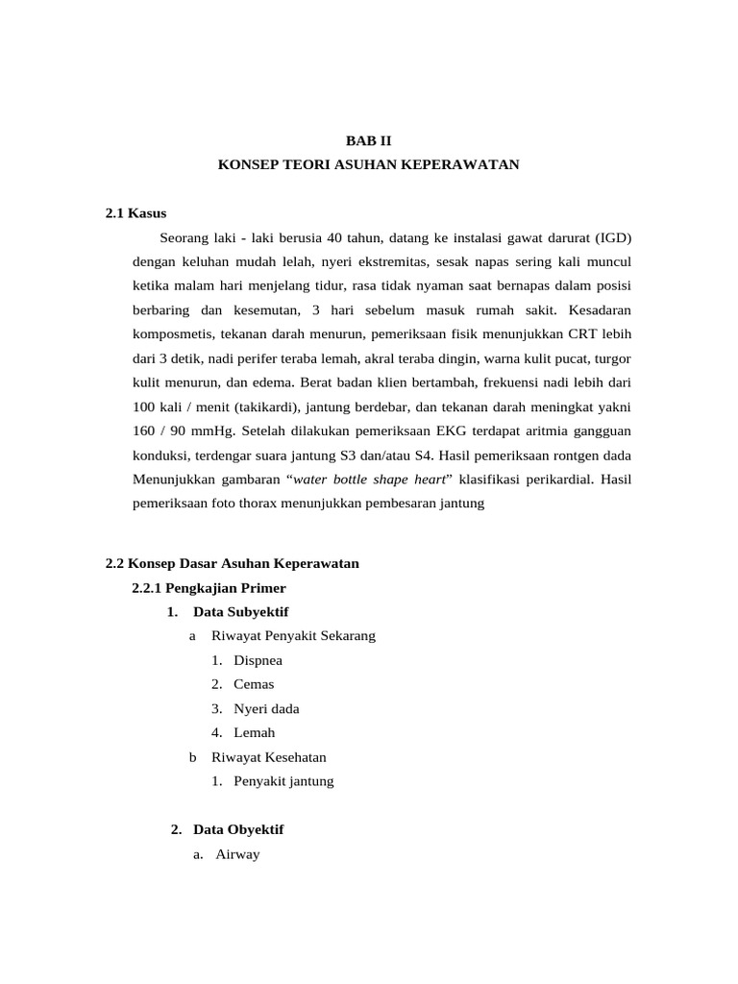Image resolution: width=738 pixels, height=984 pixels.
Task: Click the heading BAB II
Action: coord(369,140)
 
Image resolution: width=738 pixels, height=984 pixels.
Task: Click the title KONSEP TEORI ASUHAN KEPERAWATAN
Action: coord(369,165)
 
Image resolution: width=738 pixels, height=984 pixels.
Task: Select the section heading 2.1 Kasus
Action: coord(136,213)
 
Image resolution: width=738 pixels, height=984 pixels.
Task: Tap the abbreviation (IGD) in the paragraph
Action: coord(612,237)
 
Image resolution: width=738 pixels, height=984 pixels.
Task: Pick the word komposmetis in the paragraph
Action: coord(172,333)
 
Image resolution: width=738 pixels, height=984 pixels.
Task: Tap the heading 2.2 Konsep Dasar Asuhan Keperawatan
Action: coord(232,563)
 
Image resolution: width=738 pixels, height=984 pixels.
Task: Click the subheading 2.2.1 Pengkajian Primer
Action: coord(209,587)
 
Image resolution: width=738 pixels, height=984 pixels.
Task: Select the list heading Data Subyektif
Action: coord(240,611)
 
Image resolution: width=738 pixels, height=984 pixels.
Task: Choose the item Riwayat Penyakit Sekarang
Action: coord(293,636)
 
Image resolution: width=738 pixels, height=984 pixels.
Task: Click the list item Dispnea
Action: coord(258,660)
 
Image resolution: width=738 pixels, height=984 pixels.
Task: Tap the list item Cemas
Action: coord(254,684)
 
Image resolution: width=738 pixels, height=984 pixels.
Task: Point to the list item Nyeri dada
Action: coord(266,708)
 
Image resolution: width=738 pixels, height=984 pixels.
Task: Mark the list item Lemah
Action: coord(254,732)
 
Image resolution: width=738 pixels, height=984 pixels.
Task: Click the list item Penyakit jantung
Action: coord(283,781)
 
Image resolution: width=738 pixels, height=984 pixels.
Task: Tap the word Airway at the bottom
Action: coord(236,854)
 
